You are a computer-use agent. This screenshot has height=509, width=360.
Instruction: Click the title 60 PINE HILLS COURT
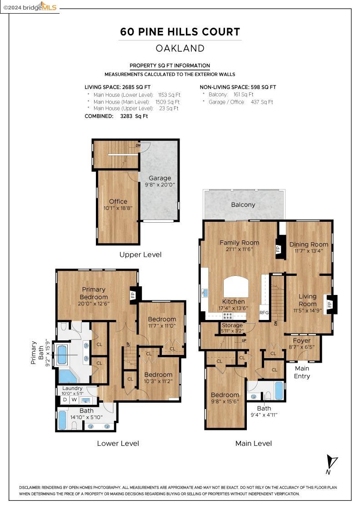tap(180, 32)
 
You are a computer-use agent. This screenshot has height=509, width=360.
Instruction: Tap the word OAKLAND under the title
tap(180, 48)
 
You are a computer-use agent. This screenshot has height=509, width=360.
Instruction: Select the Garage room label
tap(160, 178)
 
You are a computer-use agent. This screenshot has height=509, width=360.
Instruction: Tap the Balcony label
tap(243, 205)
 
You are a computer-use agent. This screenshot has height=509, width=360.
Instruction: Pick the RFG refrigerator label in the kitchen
tap(264, 313)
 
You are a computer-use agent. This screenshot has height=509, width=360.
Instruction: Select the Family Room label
tap(239, 242)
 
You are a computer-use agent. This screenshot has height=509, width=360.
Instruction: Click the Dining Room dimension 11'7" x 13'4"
tap(309, 251)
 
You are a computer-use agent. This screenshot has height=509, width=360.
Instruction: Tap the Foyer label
tap(302, 340)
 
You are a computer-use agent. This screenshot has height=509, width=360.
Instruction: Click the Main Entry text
tap(302, 372)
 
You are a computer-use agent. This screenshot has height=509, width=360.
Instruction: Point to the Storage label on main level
tap(232, 325)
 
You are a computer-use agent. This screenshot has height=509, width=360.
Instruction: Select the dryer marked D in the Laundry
tap(65, 400)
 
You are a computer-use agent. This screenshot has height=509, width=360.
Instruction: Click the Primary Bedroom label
tap(94, 293)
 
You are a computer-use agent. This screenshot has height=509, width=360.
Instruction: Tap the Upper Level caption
tap(140, 254)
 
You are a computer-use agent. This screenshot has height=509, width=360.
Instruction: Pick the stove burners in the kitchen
tap(228, 315)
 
